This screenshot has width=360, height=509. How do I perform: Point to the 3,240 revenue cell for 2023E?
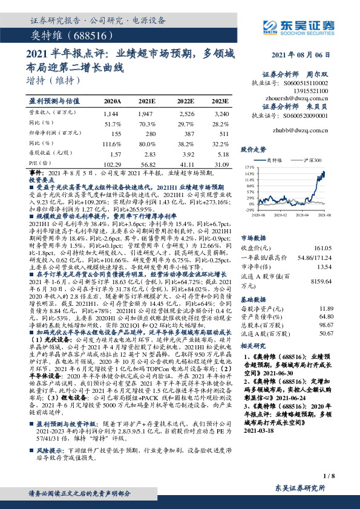[221, 113]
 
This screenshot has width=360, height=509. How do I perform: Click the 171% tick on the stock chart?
[249, 165]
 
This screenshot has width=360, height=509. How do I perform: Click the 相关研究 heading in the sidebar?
[253, 345]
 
